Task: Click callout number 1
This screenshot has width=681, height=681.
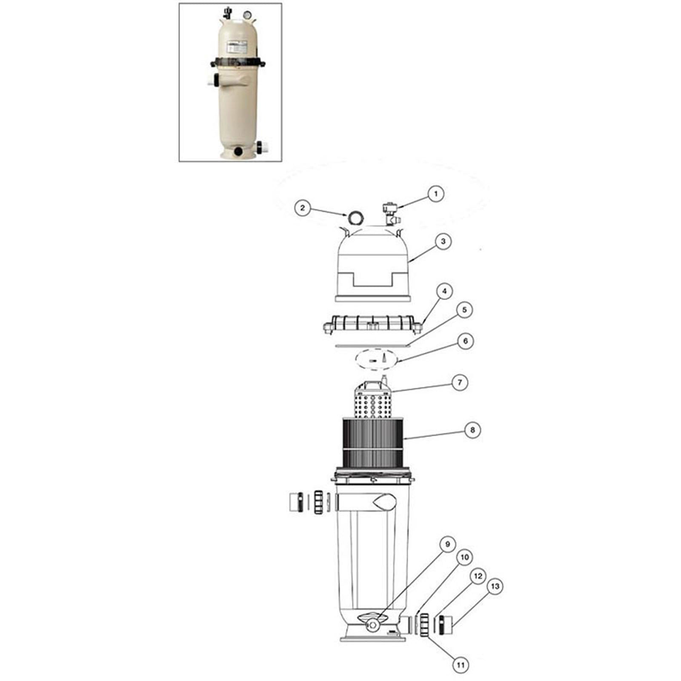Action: (435, 194)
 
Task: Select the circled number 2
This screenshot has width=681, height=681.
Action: (303, 208)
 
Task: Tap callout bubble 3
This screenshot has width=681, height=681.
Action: (443, 241)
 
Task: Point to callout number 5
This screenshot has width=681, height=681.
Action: (464, 310)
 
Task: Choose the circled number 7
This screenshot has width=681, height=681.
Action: (459, 383)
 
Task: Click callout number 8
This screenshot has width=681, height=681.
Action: (472, 430)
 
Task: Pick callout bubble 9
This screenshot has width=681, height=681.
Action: (447, 544)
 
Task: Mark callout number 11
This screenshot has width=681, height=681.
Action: (460, 665)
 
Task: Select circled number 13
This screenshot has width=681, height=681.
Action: (495, 587)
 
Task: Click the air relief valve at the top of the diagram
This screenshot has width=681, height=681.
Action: (389, 214)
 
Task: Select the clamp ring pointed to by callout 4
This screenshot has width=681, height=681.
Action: (373, 326)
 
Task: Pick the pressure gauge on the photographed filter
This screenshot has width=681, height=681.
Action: (246, 15)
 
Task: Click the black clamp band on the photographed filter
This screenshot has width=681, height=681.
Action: (237, 63)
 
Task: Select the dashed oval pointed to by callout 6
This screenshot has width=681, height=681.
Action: (376, 361)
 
